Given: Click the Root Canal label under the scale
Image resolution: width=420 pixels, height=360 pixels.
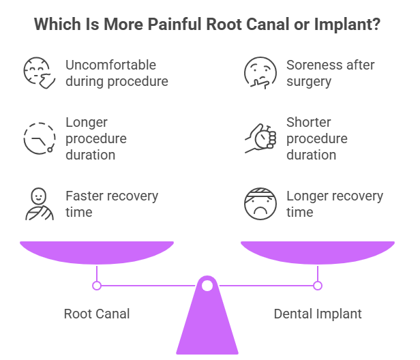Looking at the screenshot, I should [97, 314].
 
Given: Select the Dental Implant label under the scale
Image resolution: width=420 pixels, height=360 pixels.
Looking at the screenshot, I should [318, 314].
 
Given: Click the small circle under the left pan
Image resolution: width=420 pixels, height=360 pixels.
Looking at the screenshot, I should [97, 286].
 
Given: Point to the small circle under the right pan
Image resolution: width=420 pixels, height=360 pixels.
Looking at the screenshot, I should [318, 286].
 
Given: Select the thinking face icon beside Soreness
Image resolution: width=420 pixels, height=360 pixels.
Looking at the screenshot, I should [259, 73].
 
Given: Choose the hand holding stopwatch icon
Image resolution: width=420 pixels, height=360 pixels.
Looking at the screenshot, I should [260, 138].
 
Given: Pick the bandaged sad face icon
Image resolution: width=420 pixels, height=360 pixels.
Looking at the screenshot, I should [259, 204].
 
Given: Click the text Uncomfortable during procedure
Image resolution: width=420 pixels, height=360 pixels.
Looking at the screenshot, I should [116, 73].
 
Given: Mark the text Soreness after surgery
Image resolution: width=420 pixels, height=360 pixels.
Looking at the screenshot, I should [330, 73].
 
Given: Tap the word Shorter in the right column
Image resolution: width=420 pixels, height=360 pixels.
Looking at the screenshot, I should [309, 122].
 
